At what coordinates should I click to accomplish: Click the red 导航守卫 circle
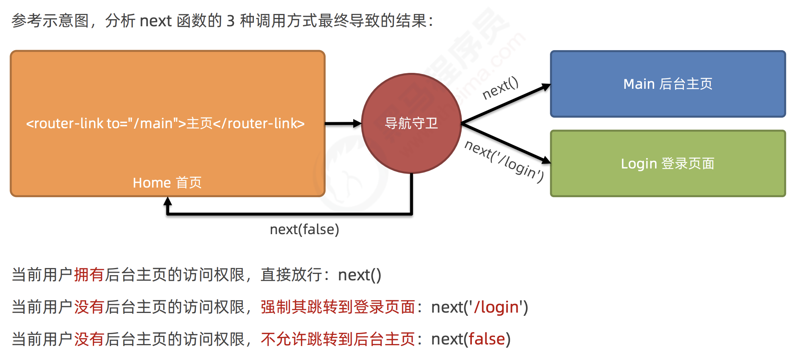(x=411, y=123)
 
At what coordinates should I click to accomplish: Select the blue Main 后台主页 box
(x=668, y=84)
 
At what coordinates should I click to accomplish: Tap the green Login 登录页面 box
(x=668, y=164)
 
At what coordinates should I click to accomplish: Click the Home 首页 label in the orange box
(x=167, y=183)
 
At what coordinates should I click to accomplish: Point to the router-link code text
(x=165, y=123)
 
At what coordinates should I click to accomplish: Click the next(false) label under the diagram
(x=304, y=230)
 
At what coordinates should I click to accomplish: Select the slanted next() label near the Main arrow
(x=500, y=88)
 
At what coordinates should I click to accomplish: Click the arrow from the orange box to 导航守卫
(x=343, y=123)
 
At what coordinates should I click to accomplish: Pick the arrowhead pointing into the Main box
(x=546, y=87)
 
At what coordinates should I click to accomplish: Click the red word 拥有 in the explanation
(x=89, y=275)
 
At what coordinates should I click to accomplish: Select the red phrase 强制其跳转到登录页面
(x=338, y=307)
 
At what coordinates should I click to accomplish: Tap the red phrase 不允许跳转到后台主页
(x=338, y=339)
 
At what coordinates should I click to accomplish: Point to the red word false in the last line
(x=487, y=339)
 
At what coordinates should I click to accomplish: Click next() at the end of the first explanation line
(x=360, y=275)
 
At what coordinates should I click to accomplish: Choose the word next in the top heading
(x=156, y=21)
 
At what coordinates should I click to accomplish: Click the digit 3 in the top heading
(x=231, y=21)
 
